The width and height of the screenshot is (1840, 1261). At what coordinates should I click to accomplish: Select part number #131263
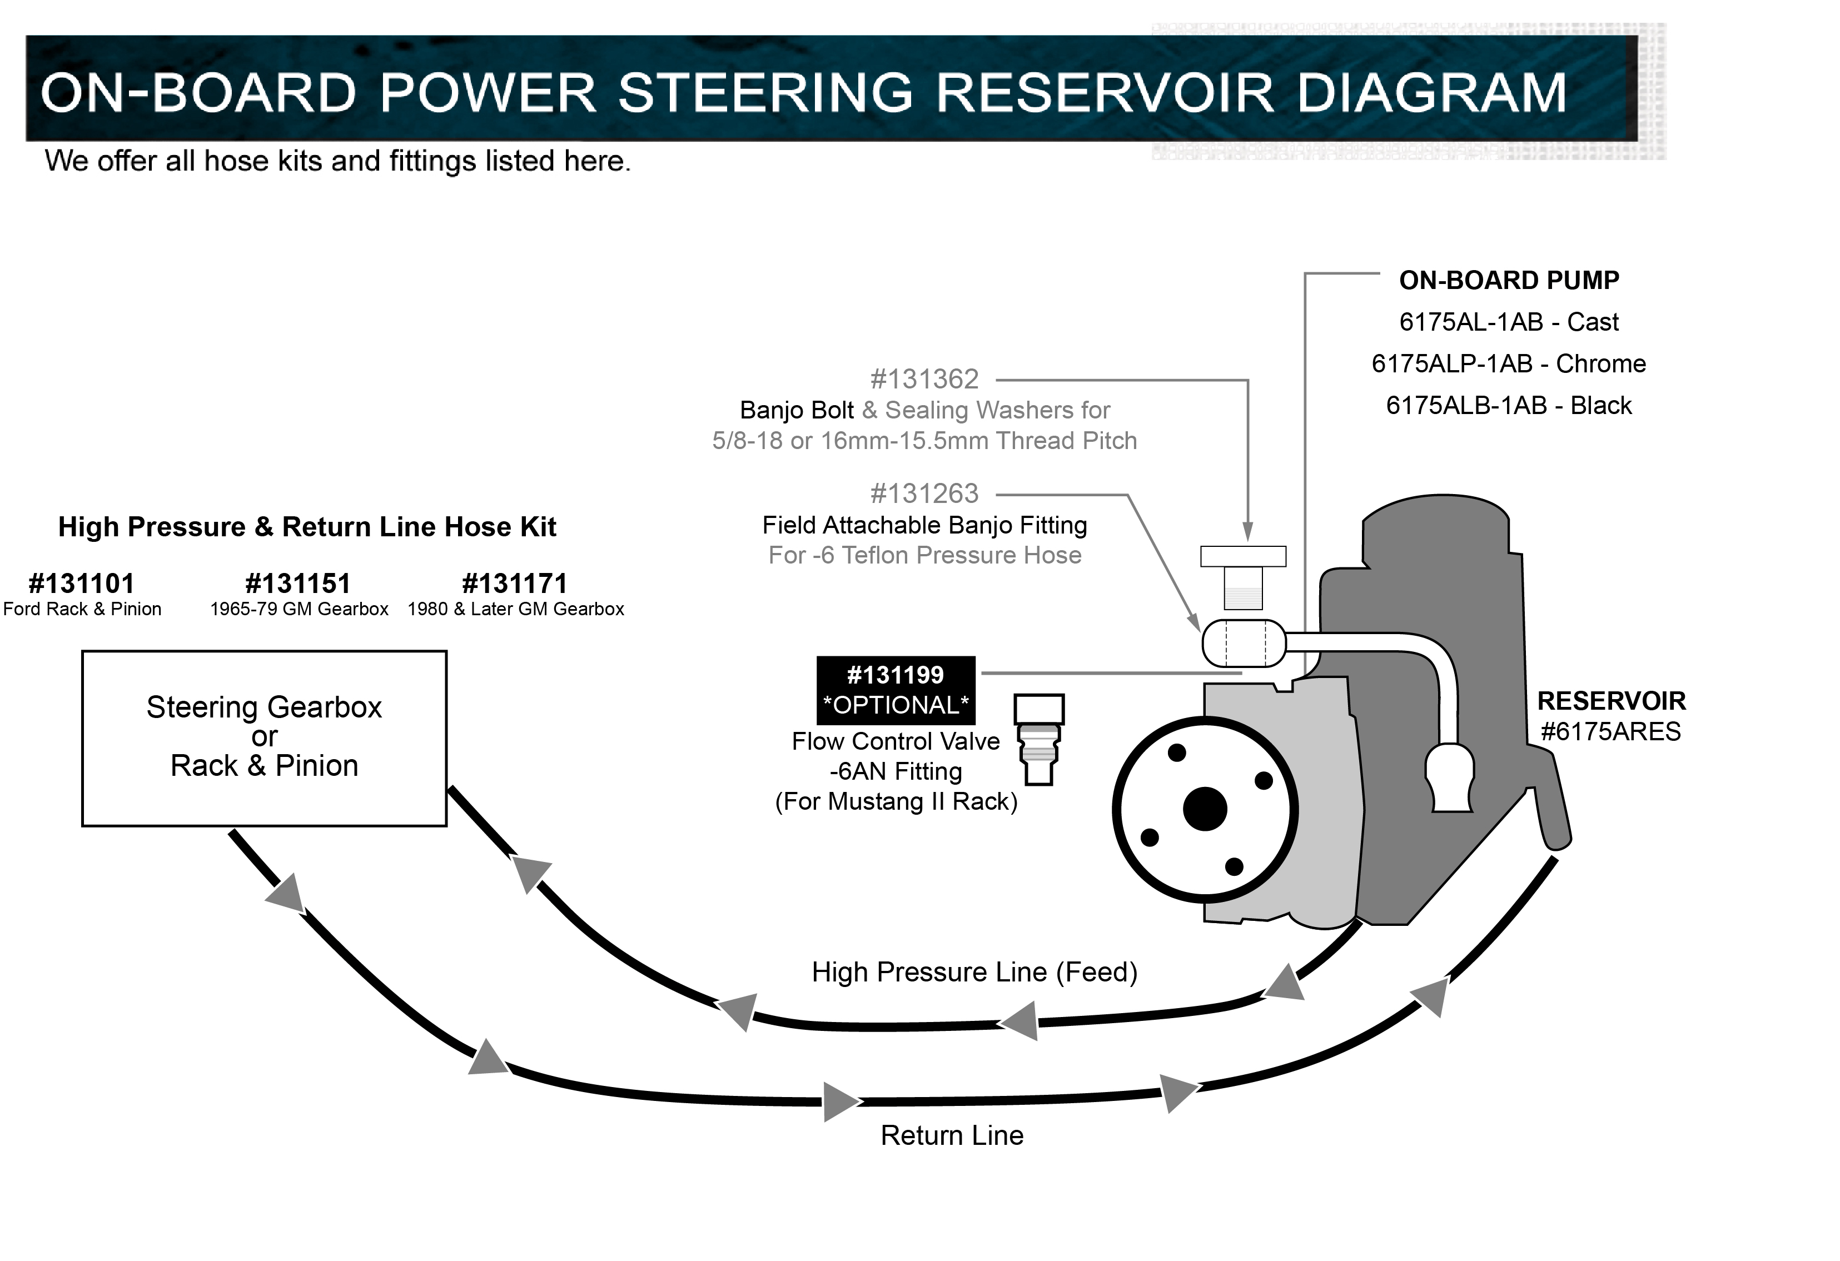pos(924,495)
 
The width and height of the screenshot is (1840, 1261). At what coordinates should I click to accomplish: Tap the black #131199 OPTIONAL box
pos(896,690)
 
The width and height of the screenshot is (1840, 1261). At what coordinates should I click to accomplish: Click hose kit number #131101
pos(82,584)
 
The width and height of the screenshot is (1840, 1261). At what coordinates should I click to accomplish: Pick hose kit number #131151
pos(298,584)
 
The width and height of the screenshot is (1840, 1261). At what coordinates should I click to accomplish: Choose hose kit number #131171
pos(515,584)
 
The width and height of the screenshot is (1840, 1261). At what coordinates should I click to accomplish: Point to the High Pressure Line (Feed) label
pos(974,972)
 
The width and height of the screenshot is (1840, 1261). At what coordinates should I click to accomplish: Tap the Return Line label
pos(952,1136)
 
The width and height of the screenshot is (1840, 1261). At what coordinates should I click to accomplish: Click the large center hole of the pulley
pos(1204,809)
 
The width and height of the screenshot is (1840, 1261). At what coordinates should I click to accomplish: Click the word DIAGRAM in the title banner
pos(1431,93)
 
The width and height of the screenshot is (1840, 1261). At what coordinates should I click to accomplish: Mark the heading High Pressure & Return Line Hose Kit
pos(307,527)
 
